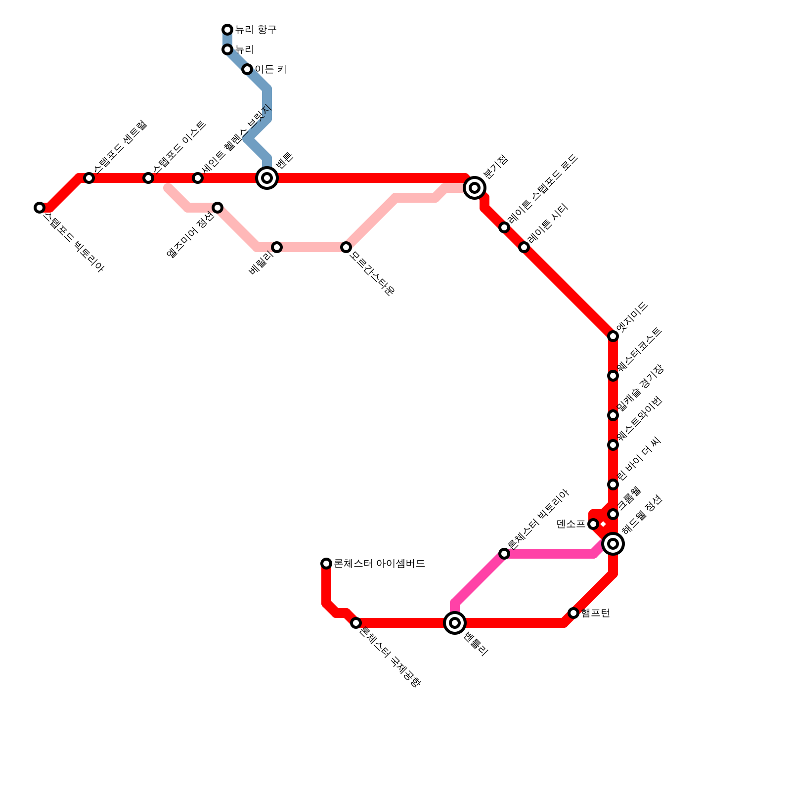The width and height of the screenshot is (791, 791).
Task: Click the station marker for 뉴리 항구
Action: click(227, 30)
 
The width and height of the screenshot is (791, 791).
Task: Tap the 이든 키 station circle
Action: click(247, 69)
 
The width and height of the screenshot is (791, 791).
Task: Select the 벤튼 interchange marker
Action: click(267, 178)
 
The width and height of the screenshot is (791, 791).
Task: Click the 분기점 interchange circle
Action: click(475, 188)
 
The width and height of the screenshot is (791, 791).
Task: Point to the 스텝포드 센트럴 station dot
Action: click(89, 178)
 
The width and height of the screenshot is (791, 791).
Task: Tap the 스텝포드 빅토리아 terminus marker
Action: click(40, 208)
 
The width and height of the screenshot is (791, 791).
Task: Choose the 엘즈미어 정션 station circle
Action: click(218, 208)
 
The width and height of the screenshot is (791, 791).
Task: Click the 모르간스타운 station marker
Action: click(346, 247)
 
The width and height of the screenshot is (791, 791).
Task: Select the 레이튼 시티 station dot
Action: click(524, 247)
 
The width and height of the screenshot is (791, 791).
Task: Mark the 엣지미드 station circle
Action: click(613, 336)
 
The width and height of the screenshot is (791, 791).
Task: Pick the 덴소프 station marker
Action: click(593, 524)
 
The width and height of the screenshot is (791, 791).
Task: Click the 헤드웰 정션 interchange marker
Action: click(613, 544)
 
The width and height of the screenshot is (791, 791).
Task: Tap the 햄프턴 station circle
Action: click(573, 613)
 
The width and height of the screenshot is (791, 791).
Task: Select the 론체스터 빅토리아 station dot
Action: click(504, 554)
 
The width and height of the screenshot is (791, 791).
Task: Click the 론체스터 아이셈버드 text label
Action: click(379, 564)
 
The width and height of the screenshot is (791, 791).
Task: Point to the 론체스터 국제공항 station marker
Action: click(356, 623)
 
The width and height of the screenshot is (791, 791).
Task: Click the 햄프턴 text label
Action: click(596, 613)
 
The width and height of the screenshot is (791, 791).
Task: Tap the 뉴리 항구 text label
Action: click(256, 30)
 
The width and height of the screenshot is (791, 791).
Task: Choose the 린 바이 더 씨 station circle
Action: click(613, 484)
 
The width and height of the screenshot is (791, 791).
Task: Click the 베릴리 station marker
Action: click(277, 247)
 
